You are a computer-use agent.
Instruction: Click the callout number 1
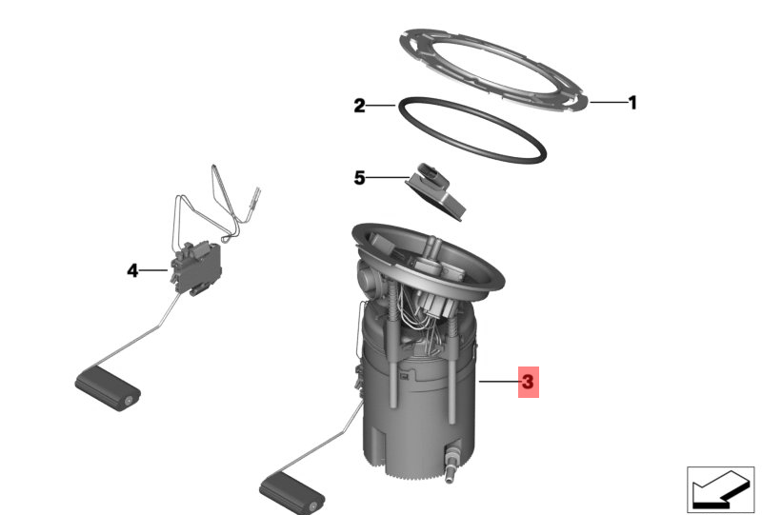pos(632,103)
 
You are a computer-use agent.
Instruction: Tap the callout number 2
pos(359,106)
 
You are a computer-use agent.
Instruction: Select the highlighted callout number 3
pos(529,382)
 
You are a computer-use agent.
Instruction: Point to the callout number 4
pos(132,270)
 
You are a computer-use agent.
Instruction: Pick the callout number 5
pos(359,178)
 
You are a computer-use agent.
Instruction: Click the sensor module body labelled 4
pos(196,267)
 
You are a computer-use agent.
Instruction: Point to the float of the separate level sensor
pos(108,388)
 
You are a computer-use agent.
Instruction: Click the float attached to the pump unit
pos(292,495)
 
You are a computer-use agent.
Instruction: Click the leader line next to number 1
pos(609,103)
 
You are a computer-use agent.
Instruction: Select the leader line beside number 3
pos(499,382)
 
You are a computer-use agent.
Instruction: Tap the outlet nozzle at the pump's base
pos(451,462)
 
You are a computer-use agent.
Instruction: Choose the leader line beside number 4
pos(154,270)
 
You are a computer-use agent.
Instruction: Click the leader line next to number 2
pos(381,105)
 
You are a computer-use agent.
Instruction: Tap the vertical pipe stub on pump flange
pos(430,248)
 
